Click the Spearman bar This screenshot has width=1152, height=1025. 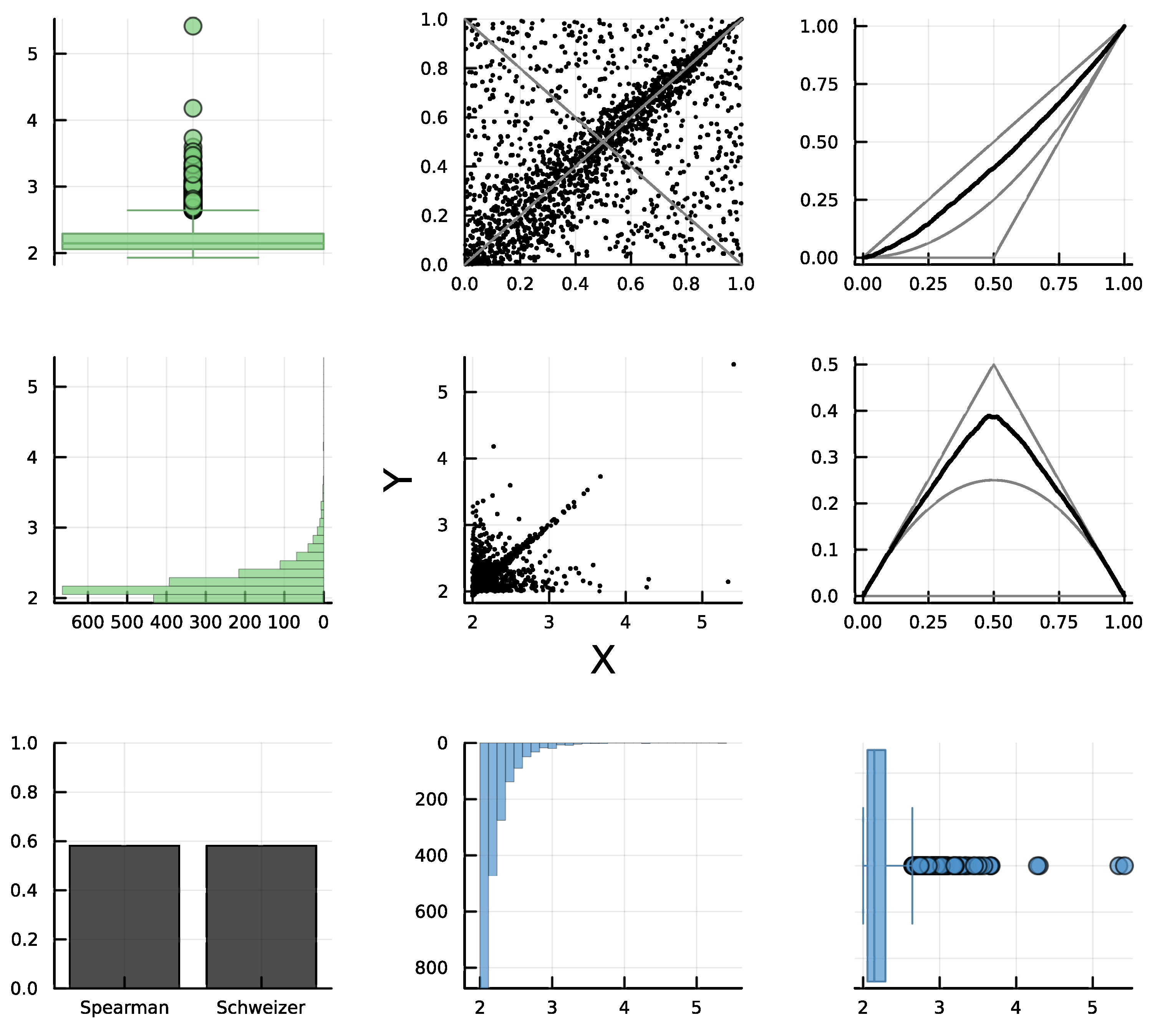(124, 916)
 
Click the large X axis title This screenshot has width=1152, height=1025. (602, 659)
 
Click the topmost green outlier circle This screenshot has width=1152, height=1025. (193, 26)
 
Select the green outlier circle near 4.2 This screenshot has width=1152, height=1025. (193, 108)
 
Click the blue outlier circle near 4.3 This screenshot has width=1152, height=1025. (1038, 866)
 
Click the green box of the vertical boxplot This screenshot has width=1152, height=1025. (193, 241)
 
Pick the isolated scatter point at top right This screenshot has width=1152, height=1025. (733, 364)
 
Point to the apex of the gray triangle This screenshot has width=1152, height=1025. (994, 365)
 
